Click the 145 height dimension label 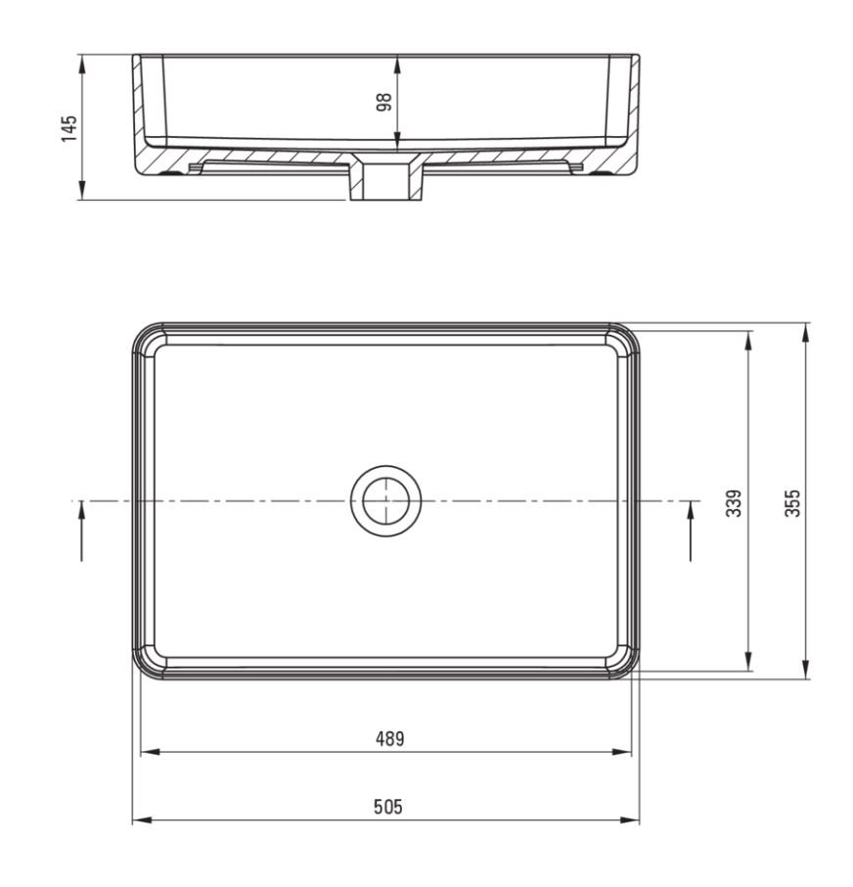(x=68, y=128)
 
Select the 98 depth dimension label (x=384, y=102)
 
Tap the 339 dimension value (x=734, y=503)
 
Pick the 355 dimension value (x=793, y=503)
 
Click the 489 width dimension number (x=390, y=739)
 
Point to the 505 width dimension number (x=388, y=807)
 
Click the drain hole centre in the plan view (x=385, y=501)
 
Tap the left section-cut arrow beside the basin (x=81, y=532)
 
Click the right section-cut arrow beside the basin (x=691, y=532)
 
